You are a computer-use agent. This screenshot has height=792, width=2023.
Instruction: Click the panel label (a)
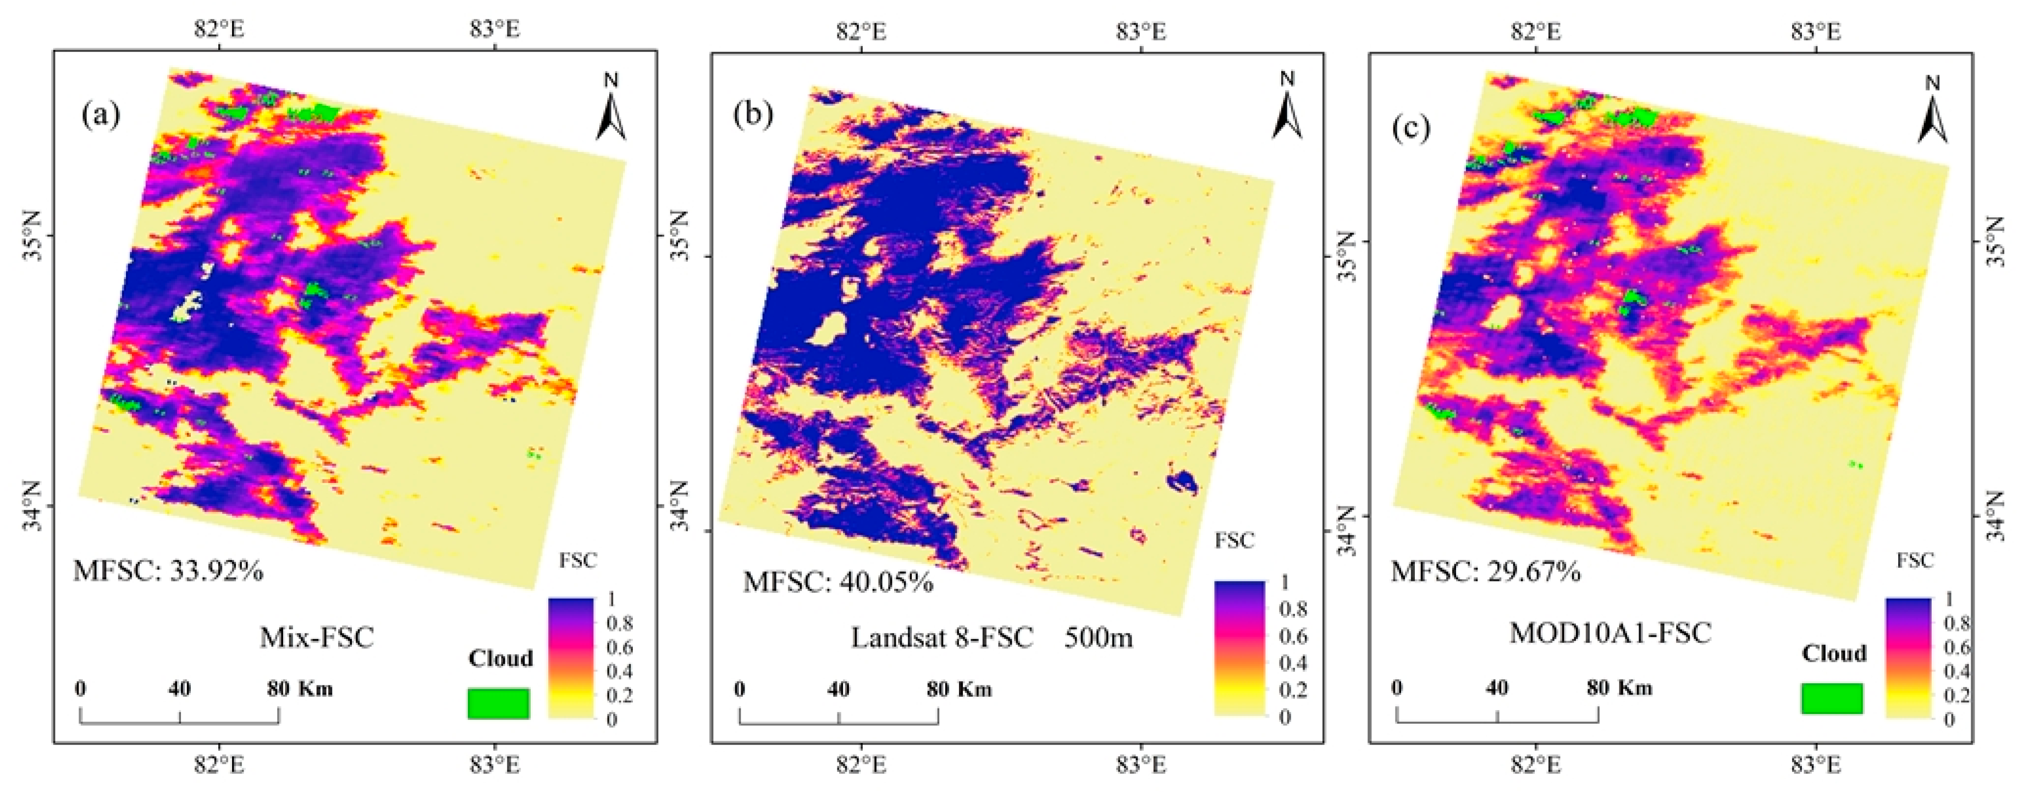click(101, 116)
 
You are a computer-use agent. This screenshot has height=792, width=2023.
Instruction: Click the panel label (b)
click(752, 115)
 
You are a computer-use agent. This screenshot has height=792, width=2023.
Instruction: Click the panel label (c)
click(1411, 127)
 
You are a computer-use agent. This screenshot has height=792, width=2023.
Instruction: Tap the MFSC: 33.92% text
click(168, 570)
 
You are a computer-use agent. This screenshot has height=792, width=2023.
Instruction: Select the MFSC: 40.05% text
click(838, 582)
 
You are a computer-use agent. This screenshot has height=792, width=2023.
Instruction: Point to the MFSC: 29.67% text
click(1486, 571)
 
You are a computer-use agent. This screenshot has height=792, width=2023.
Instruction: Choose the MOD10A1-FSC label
click(1610, 632)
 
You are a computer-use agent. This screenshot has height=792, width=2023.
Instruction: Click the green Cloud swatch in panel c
click(1832, 698)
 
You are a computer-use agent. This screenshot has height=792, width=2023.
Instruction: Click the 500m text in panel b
click(1098, 637)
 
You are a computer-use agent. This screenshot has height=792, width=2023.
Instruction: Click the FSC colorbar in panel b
click(1240, 648)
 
